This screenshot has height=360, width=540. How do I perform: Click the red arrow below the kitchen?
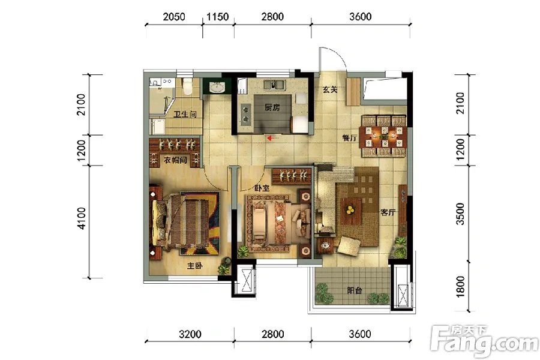click(274, 138)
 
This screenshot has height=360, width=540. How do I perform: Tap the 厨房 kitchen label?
click(272, 107)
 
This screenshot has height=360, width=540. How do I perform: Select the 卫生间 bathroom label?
click(185, 115)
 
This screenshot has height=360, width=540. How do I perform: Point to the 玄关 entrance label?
click(330, 89)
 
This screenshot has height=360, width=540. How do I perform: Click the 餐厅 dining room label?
click(349, 138)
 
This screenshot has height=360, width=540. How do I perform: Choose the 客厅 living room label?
click(388, 212)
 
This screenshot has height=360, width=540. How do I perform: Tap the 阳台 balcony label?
click(355, 290)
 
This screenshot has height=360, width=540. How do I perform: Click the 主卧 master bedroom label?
click(194, 266)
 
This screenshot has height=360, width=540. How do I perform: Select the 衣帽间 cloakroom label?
click(175, 160)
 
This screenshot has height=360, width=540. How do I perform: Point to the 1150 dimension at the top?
click(217, 17)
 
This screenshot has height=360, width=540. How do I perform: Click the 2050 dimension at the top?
click(174, 17)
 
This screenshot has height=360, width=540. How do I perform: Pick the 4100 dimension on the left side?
click(81, 218)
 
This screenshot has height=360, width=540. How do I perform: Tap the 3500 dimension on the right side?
click(460, 214)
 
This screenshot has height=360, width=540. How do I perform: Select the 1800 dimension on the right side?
click(460, 286)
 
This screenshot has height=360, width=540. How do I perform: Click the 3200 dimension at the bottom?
click(190, 334)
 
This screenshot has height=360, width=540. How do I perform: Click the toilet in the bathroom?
click(187, 86)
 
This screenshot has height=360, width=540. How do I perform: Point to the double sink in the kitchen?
click(274, 85)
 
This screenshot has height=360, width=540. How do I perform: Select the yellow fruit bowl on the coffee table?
click(350, 209)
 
